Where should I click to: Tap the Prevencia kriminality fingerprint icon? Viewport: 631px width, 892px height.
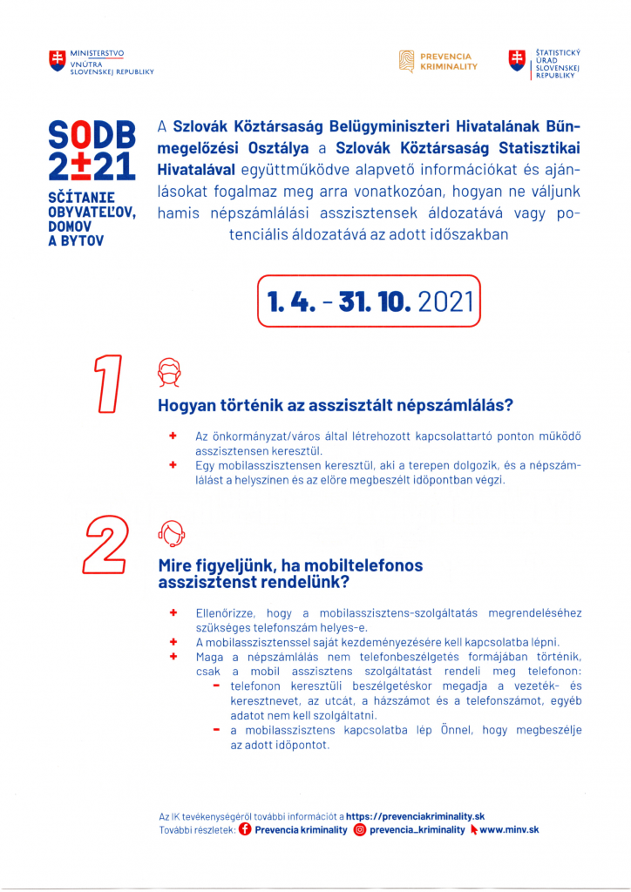tap(405, 62)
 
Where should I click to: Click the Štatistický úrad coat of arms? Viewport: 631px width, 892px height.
tap(518, 60)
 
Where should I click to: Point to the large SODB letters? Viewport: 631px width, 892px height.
tap(92, 134)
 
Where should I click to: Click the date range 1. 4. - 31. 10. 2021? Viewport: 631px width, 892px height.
tap(370, 301)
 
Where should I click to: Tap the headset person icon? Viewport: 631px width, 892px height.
tap(171, 530)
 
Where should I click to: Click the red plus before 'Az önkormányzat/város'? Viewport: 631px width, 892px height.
tap(173, 434)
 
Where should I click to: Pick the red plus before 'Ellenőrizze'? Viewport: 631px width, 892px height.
tap(173, 613)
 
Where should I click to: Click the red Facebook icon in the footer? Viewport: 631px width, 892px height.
tap(245, 830)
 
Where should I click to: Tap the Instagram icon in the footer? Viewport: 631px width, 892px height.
tap(359, 830)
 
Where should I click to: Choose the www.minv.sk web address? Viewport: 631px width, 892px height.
tap(510, 830)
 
